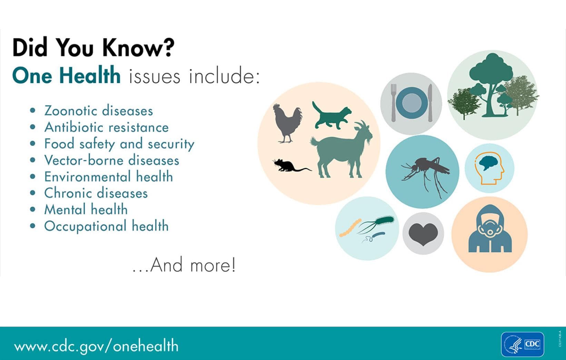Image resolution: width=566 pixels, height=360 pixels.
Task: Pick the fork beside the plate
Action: click(x=394, y=102)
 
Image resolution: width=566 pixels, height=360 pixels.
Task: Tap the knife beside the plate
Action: click(x=430, y=102)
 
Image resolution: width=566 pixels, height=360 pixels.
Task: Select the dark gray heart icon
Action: click(x=423, y=234)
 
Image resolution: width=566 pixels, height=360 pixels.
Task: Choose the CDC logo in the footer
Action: click(x=523, y=344)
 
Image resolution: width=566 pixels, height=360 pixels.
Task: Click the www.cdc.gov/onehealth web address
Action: click(x=96, y=346)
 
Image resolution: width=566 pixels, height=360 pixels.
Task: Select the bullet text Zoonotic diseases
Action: click(x=99, y=111)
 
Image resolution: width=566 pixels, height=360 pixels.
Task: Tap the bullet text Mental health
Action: click(x=86, y=210)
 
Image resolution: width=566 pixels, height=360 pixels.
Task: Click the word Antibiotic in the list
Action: click(x=70, y=128)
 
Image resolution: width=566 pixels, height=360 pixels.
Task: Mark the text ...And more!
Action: click(x=184, y=265)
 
